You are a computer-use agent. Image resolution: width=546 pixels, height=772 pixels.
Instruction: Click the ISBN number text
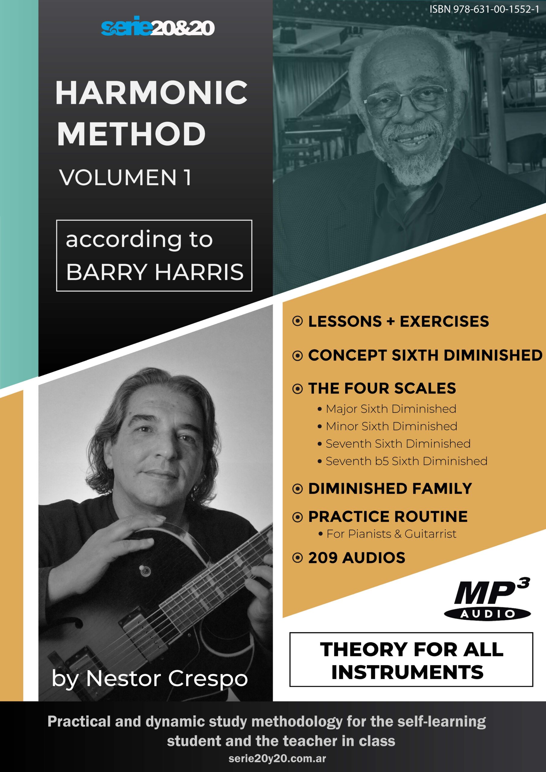coord(484,9)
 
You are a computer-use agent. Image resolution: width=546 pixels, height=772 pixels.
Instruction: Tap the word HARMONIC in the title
coord(152,93)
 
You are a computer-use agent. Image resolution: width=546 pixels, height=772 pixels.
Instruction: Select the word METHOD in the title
coord(131,134)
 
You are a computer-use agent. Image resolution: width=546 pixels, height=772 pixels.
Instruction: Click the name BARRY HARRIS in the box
coord(155,272)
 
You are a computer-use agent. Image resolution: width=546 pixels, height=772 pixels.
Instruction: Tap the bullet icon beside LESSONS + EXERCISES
coord(297,321)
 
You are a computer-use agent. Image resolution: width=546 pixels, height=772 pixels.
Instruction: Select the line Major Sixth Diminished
coord(391,409)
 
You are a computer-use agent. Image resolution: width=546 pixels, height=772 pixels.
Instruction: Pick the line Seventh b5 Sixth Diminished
coord(406,461)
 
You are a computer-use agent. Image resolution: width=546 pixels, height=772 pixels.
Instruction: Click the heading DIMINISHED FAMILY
coord(390,489)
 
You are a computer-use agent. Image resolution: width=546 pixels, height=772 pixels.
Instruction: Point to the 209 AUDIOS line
coord(357,558)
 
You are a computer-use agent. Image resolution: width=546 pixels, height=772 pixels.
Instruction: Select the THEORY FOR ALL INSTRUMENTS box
coord(411,659)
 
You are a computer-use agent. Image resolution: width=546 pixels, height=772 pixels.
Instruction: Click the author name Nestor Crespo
coord(167,679)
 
